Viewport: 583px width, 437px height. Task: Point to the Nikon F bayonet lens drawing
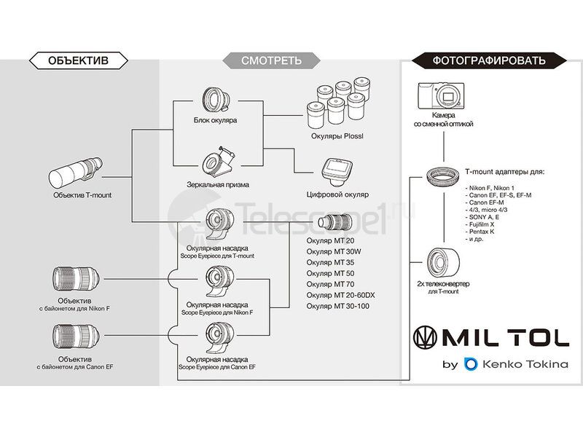[x=76, y=280]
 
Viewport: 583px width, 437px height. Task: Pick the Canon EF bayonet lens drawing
[x=76, y=338]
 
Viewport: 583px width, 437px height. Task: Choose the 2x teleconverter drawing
[x=442, y=261]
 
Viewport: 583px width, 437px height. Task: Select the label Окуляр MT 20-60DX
[x=340, y=294]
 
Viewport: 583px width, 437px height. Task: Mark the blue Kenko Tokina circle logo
[x=471, y=363]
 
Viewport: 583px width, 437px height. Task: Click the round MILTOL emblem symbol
[x=428, y=337]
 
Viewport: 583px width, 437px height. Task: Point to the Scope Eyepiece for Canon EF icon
[x=217, y=339]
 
